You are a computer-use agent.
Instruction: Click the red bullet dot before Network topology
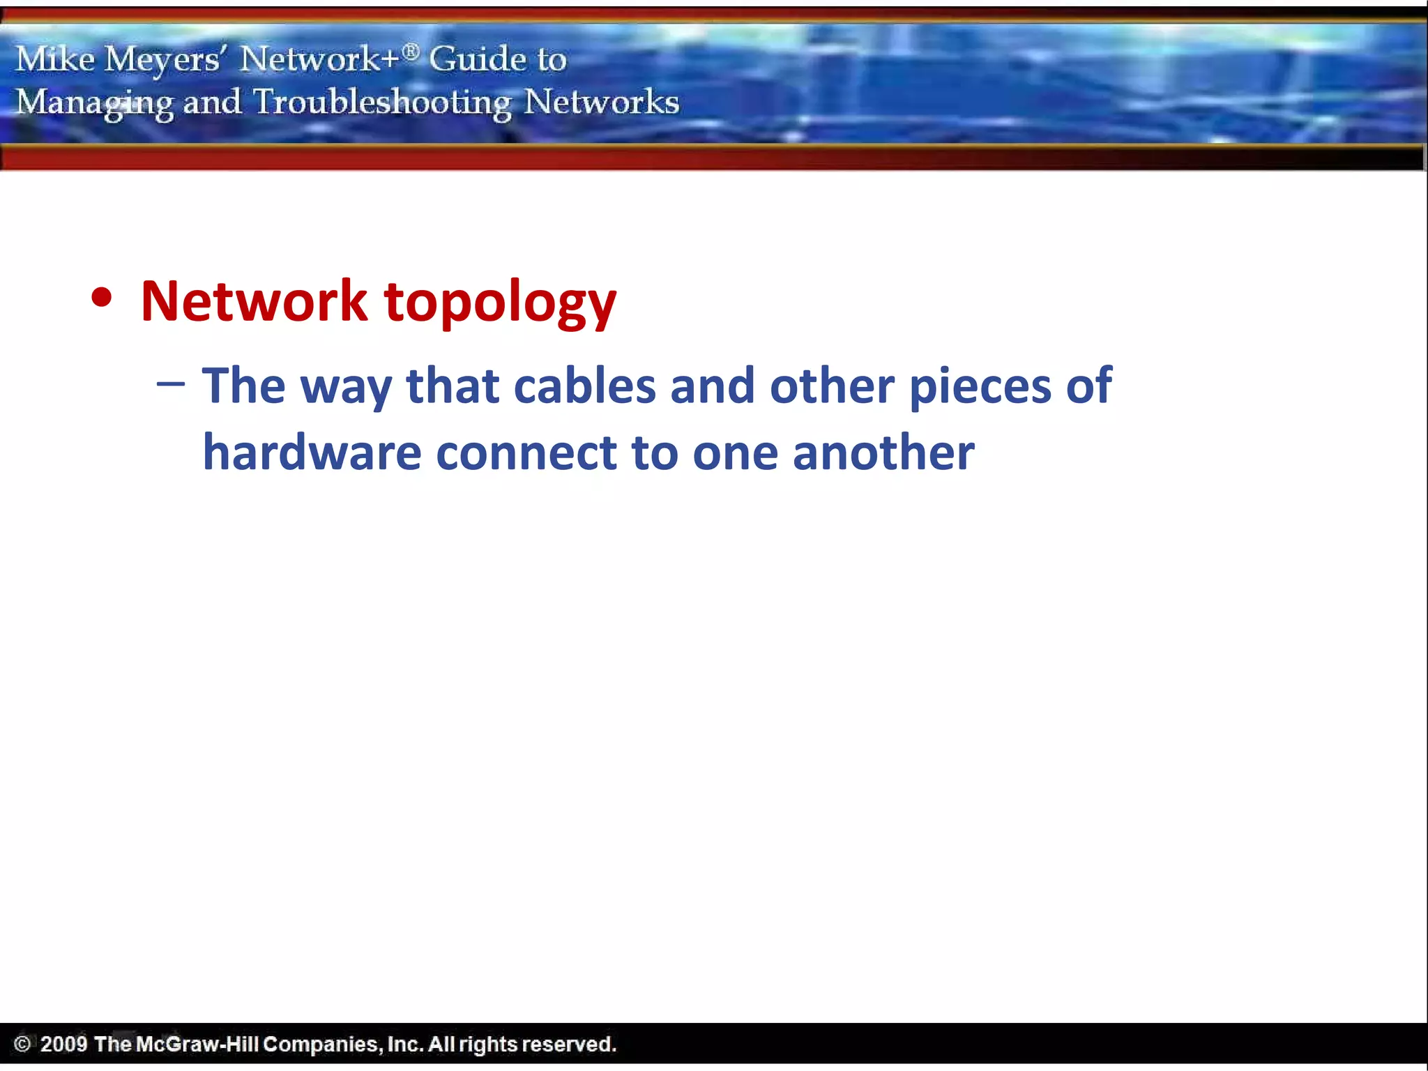(x=102, y=298)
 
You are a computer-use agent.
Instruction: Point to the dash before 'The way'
(x=171, y=383)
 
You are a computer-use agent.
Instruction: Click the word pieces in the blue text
(x=980, y=388)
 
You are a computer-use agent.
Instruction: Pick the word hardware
(x=312, y=453)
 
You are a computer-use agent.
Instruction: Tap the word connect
(x=526, y=454)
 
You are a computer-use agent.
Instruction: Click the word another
(x=883, y=453)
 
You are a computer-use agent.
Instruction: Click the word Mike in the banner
(x=55, y=59)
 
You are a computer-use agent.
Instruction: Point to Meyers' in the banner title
(x=163, y=60)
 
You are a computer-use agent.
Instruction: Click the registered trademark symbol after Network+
(x=411, y=52)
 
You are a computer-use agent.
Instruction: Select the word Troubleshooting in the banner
(x=382, y=102)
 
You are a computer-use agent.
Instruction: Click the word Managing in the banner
(x=95, y=103)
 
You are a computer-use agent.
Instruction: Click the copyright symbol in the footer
(x=22, y=1044)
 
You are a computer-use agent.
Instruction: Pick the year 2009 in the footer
(x=63, y=1044)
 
